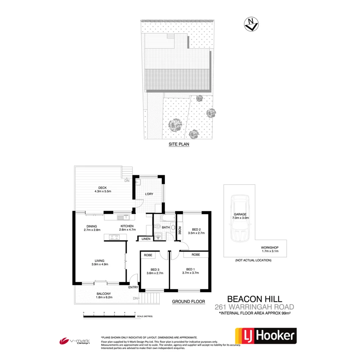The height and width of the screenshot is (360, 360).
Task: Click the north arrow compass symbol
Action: tap(251, 24)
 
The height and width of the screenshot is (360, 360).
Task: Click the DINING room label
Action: tap(92, 226)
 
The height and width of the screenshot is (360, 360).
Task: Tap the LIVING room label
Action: tap(100, 261)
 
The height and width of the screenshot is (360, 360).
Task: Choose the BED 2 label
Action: tap(197, 229)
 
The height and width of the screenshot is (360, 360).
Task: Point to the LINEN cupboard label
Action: tap(146, 239)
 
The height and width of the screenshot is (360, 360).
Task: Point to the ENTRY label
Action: tap(133, 287)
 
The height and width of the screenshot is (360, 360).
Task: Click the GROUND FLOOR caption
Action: tap(188, 301)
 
